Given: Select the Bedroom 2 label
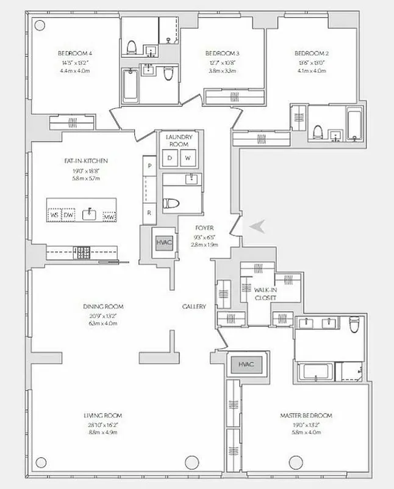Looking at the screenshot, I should click(x=309, y=53).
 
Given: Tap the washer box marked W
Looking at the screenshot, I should click(x=188, y=158).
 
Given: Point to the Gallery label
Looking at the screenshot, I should click(x=193, y=306).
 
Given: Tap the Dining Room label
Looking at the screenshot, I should click(x=103, y=306).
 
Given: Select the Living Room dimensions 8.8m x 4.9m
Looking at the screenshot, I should click(x=103, y=432).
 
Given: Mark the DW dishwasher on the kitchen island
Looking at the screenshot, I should click(x=69, y=215).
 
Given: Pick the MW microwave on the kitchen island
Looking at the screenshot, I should click(x=109, y=216).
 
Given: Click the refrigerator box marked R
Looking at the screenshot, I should click(x=149, y=213).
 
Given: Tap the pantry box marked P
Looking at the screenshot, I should click(x=149, y=166).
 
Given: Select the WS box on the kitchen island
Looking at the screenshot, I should click(x=55, y=215).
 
